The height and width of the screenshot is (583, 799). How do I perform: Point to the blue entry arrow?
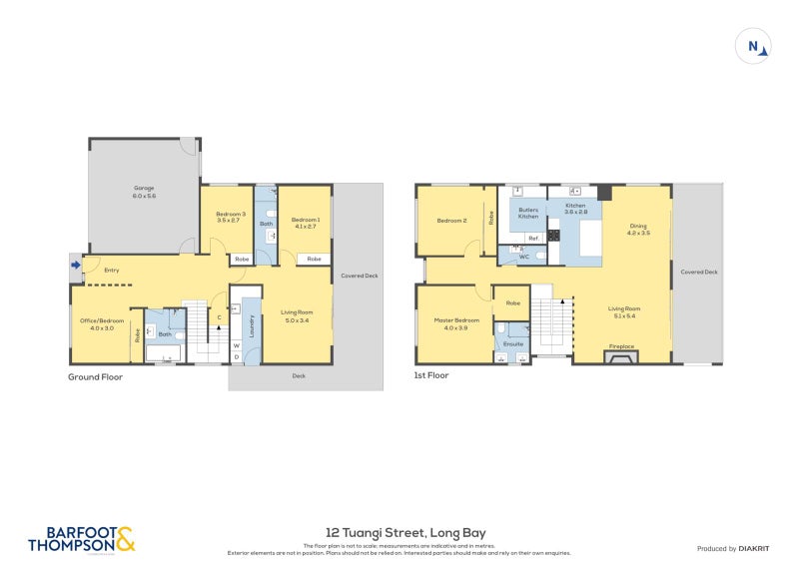click(x=76, y=265)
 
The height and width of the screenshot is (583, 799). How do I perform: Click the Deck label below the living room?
click(x=298, y=376)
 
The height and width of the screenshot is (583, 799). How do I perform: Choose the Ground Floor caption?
click(x=95, y=376)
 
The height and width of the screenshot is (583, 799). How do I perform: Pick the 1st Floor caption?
click(x=431, y=375)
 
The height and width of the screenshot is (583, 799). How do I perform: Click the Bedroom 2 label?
click(x=451, y=220)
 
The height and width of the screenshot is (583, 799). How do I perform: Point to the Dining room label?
click(x=638, y=229)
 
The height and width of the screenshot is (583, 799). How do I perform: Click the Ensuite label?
click(x=512, y=342)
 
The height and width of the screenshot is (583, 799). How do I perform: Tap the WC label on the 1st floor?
click(x=523, y=257)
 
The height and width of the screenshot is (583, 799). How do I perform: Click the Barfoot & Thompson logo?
click(x=80, y=540)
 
